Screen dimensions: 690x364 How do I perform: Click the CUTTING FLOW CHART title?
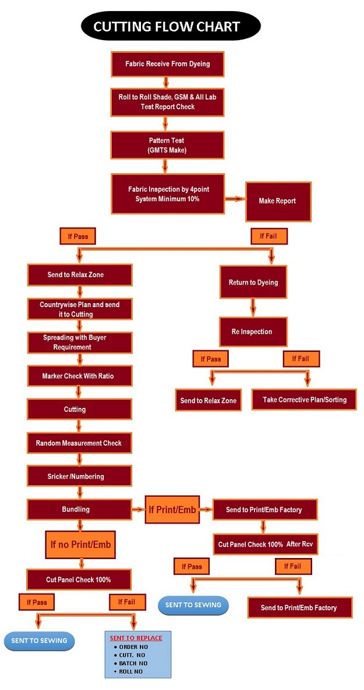(167, 26)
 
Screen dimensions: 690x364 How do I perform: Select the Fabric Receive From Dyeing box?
(168, 64)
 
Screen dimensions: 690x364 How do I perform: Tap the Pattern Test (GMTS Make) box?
(168, 145)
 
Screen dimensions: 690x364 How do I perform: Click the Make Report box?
(278, 201)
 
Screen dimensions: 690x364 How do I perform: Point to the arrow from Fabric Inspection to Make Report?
(234, 199)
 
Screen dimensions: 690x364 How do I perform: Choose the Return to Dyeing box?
(253, 283)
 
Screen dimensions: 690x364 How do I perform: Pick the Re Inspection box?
(253, 332)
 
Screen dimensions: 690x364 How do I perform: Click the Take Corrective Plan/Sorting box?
(303, 400)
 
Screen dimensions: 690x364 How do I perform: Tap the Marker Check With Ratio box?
(79, 376)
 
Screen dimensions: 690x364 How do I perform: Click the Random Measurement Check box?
(79, 443)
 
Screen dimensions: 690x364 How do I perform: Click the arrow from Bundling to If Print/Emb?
(137, 510)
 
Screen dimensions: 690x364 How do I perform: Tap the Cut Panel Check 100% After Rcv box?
(266, 545)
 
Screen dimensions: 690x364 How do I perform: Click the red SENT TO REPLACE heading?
(136, 638)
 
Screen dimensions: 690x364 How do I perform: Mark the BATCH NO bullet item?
(133, 663)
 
